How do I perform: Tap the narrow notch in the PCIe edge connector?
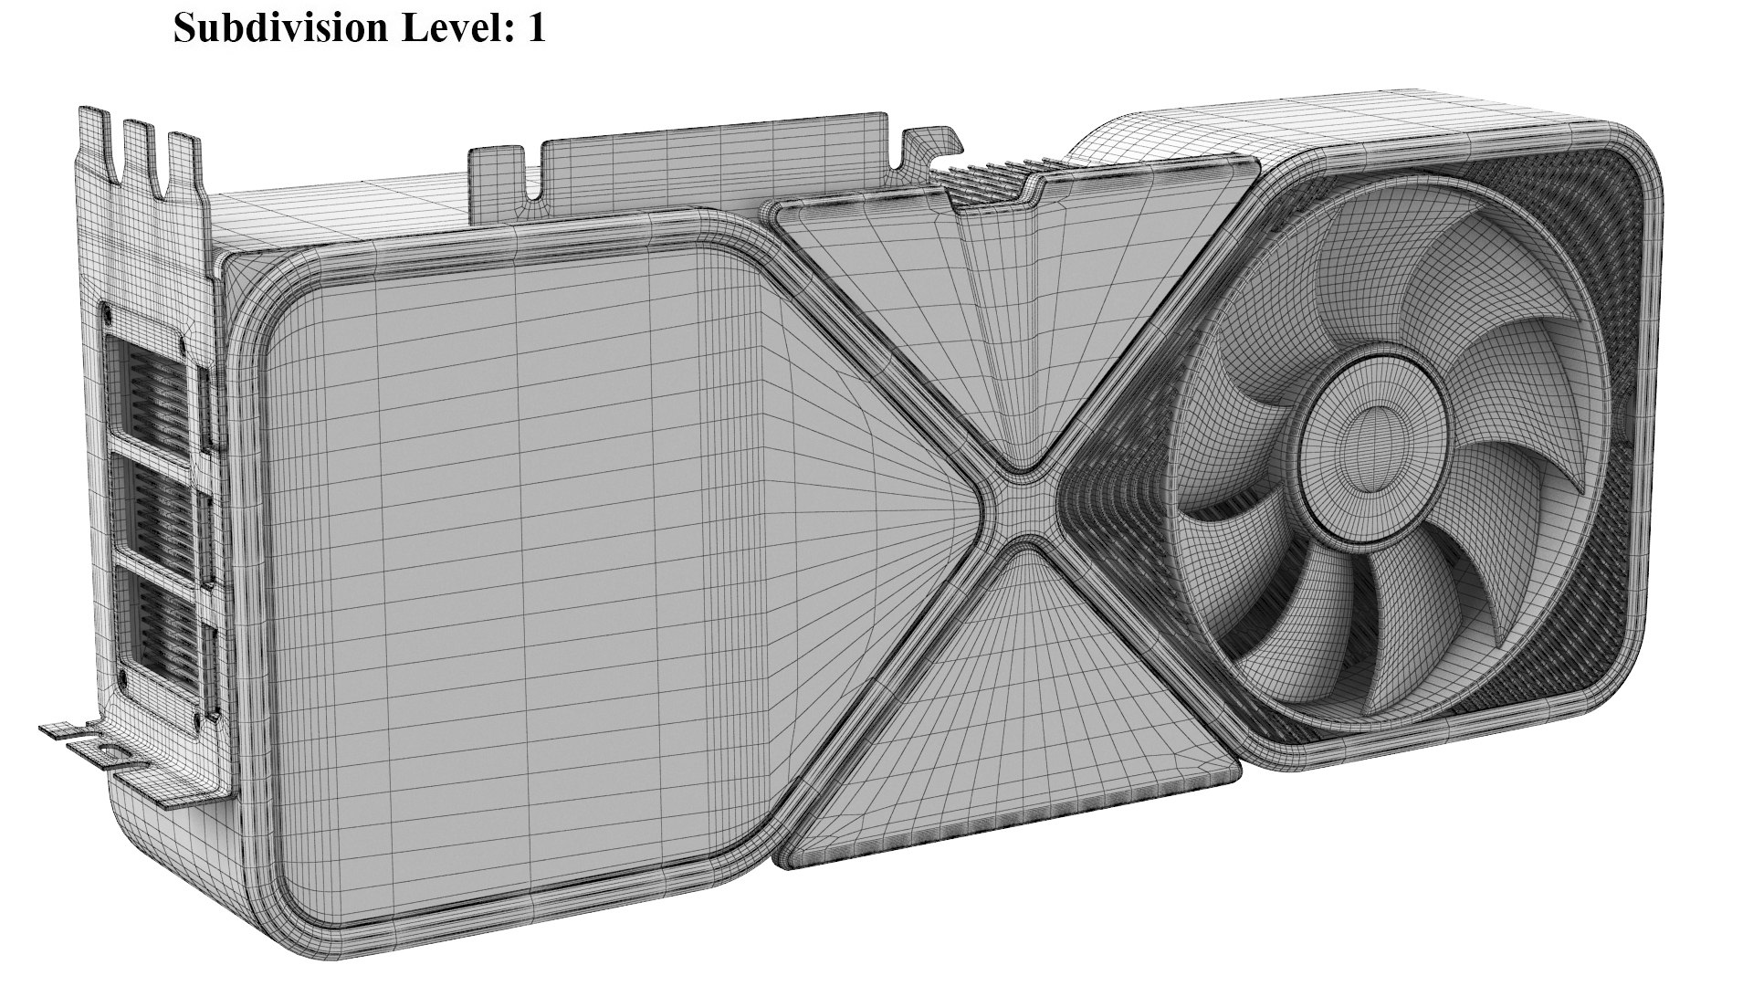click(x=532, y=173)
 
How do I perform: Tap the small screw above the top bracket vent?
click(x=110, y=311)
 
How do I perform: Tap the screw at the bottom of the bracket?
click(x=120, y=680)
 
